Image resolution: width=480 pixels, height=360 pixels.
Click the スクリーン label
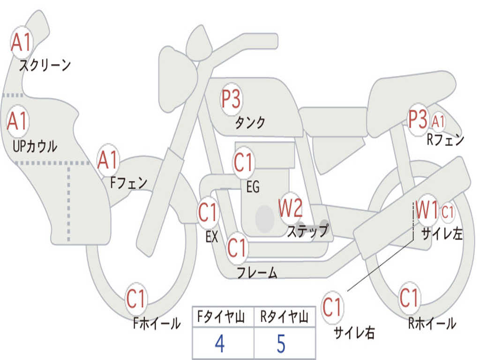click(x=45, y=65)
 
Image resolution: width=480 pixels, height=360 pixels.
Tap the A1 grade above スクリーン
click(x=21, y=42)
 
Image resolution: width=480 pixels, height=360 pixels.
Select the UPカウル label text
click(x=35, y=146)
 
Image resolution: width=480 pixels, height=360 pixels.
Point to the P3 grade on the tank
click(x=231, y=98)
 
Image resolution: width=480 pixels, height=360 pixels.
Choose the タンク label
click(x=250, y=122)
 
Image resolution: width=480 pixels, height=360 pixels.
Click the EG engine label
click(x=253, y=187)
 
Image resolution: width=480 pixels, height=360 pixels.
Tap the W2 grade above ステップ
click(x=291, y=208)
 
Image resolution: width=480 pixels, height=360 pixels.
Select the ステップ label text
click(x=308, y=230)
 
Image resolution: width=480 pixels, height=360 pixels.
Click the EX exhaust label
click(x=212, y=237)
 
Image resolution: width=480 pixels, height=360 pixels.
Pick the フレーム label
click(x=257, y=272)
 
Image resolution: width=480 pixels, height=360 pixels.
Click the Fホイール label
click(x=157, y=323)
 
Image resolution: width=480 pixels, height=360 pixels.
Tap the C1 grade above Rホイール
click(x=409, y=298)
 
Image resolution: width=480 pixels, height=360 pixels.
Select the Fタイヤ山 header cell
click(x=221, y=316)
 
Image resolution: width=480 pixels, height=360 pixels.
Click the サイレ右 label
click(x=354, y=332)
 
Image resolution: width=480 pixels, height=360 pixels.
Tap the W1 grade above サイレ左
click(x=427, y=210)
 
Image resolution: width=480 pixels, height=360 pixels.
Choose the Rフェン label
click(x=445, y=140)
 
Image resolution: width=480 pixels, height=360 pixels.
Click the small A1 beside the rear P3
click(x=438, y=121)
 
